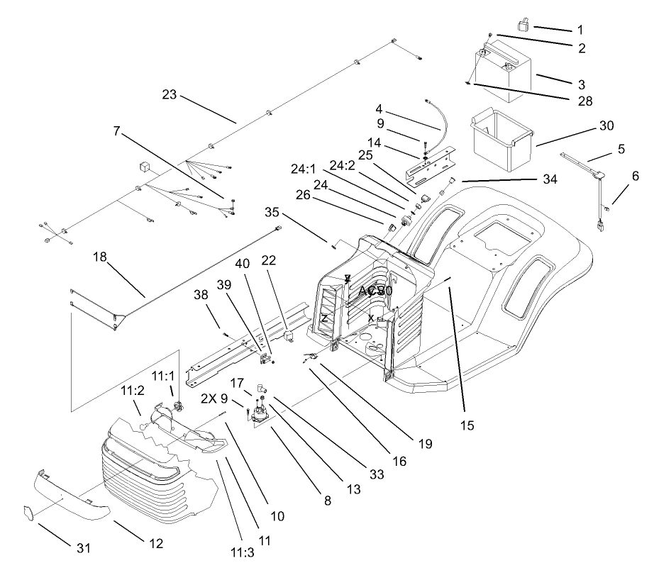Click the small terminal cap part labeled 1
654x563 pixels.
tap(524, 26)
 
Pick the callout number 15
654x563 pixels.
tap(465, 426)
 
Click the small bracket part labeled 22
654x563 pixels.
tap(289, 333)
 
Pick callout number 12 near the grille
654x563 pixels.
tap(155, 544)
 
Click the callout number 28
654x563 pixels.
tap(583, 100)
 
